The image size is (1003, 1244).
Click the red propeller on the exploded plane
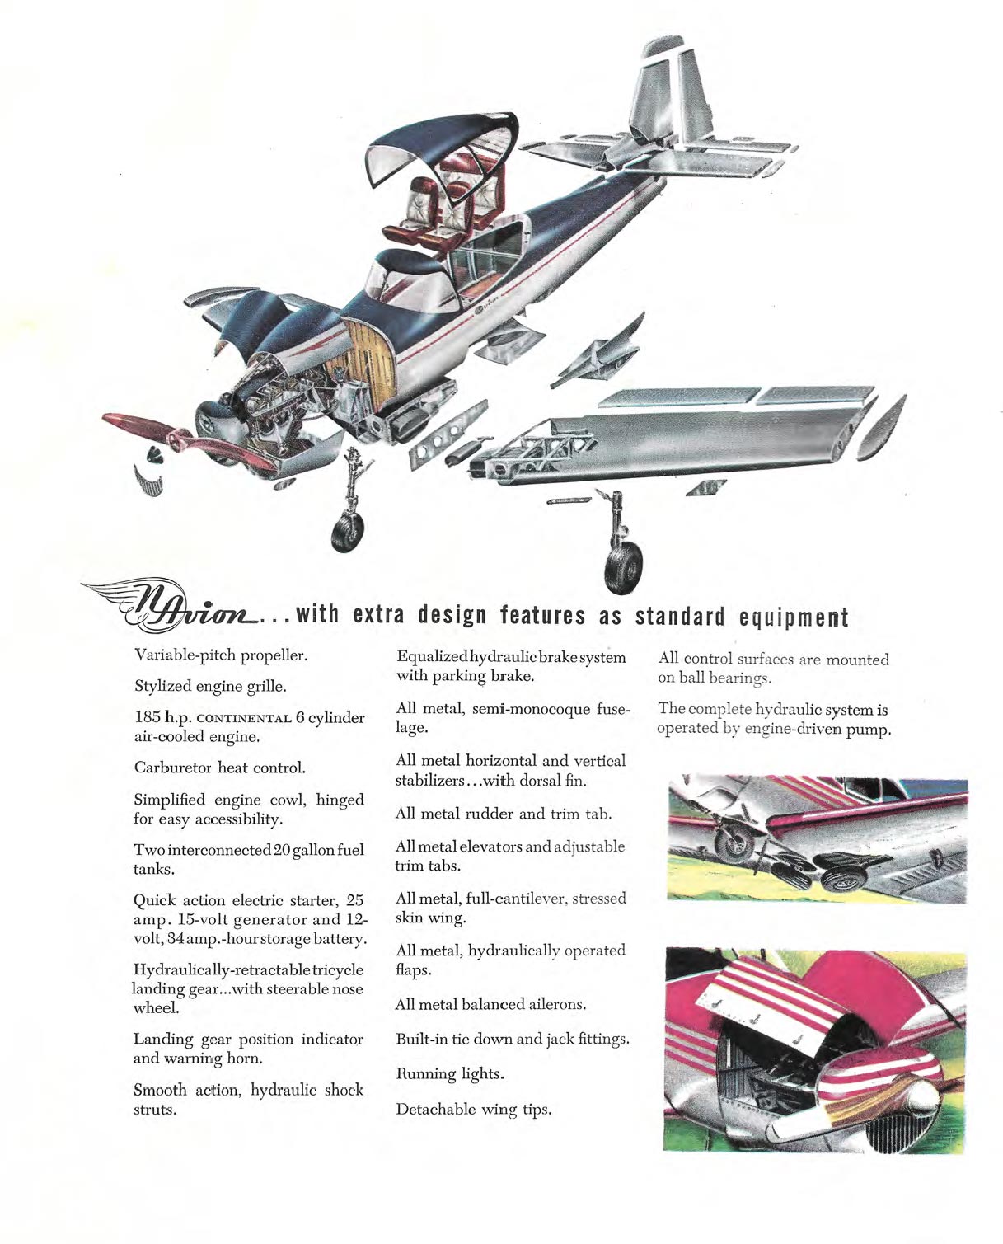pyautogui.click(x=190, y=441)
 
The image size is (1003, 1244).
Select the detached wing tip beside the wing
pyautogui.click(x=881, y=427)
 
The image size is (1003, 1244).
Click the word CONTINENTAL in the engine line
pyautogui.click(x=244, y=719)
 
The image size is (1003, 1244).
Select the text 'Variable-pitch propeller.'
pyautogui.click(x=221, y=655)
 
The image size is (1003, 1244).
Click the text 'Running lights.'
pyautogui.click(x=450, y=1074)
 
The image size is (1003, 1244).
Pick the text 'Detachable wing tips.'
pyautogui.click(x=473, y=1110)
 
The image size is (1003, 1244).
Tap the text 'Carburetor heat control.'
pyautogui.click(x=220, y=768)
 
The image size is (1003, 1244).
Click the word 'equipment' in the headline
pyautogui.click(x=794, y=617)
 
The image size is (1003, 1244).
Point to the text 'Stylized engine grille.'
pyautogui.click(x=210, y=686)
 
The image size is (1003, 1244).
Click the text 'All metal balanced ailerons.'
pyautogui.click(x=490, y=1004)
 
